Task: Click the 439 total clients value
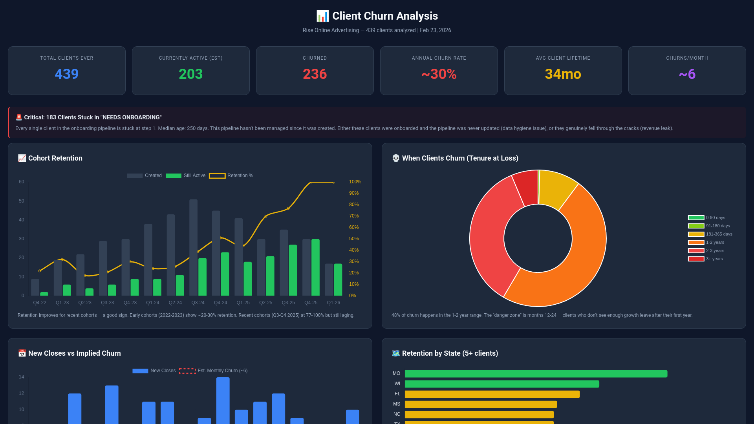66,74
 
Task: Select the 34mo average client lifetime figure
563,74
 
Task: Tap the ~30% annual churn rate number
439,74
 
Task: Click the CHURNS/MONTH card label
687,58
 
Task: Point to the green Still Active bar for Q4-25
315,267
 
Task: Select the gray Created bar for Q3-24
193,247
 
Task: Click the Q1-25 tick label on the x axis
243,303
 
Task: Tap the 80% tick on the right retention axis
354,205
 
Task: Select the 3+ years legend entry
706,259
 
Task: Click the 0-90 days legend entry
706,217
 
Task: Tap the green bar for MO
536,374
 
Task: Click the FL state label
397,394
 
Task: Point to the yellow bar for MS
481,404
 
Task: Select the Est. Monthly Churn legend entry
213,371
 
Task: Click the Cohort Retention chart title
55,158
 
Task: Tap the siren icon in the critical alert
19,117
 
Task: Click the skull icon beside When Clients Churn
396,158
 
